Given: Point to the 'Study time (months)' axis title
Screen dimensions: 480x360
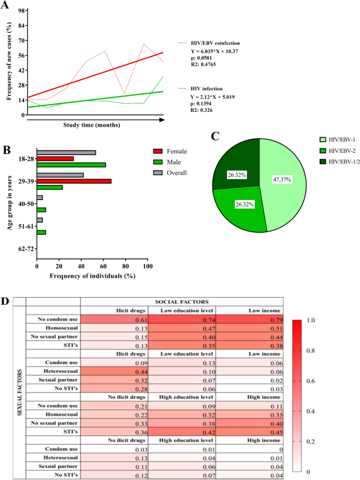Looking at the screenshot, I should click(91, 125).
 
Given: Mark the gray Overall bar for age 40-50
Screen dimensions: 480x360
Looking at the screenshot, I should click(39, 197).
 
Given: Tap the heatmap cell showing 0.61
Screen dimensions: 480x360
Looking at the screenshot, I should click(114, 319).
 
